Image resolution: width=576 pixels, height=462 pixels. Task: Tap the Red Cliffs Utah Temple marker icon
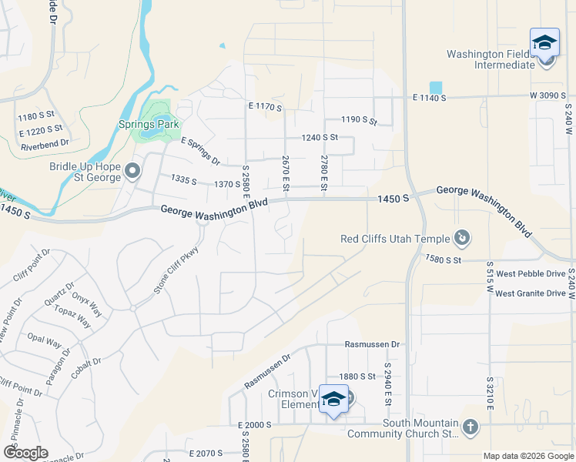(462, 239)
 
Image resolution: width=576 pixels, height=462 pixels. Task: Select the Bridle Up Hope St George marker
(132, 171)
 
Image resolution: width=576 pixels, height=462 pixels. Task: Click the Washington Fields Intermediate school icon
(544, 42)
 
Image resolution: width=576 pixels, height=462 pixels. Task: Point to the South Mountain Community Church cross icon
(470, 426)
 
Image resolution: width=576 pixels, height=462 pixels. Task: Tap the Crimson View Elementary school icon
(333, 400)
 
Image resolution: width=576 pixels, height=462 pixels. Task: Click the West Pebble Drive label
(531, 273)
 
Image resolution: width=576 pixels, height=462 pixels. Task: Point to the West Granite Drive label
(531, 293)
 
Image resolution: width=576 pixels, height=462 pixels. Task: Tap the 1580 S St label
(443, 260)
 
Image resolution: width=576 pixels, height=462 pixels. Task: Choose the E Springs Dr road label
(200, 152)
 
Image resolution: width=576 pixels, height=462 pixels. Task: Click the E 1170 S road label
(266, 105)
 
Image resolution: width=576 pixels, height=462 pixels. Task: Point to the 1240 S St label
(320, 137)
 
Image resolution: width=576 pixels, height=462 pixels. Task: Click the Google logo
(25, 452)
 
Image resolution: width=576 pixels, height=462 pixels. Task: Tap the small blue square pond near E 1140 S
(436, 88)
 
